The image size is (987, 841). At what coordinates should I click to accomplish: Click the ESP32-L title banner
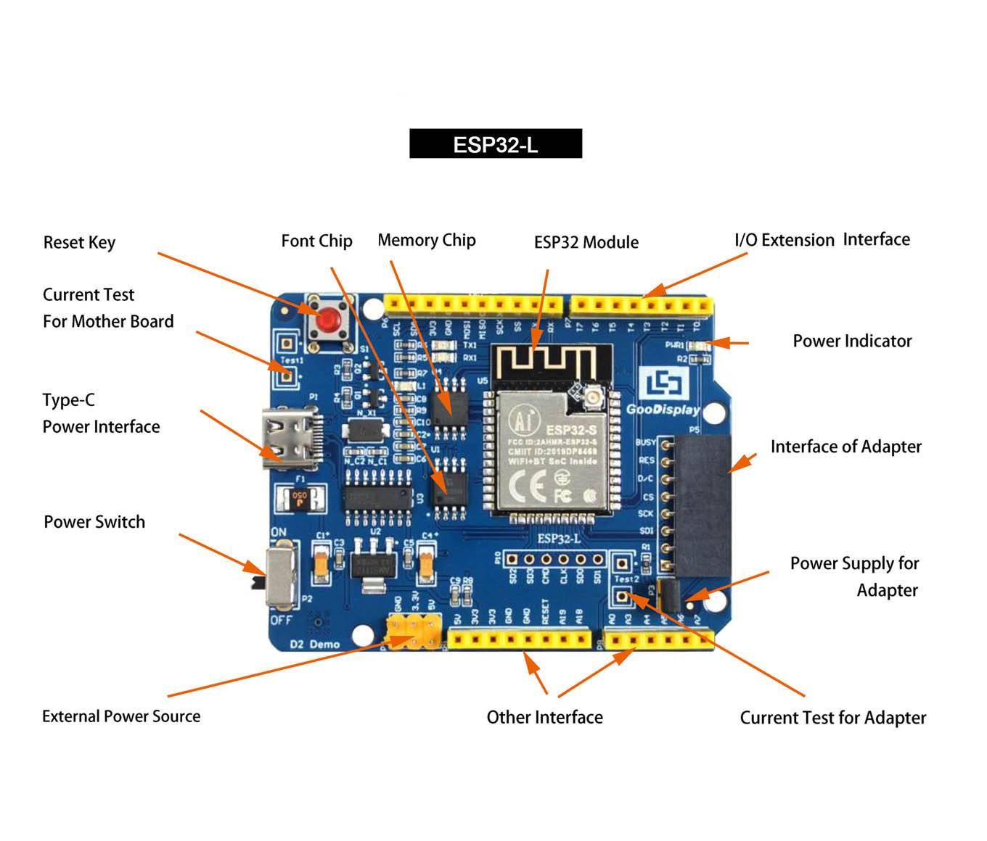click(496, 144)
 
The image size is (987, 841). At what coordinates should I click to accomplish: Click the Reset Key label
click(79, 242)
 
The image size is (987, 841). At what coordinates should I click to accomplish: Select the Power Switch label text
click(94, 522)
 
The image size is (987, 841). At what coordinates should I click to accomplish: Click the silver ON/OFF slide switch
click(281, 577)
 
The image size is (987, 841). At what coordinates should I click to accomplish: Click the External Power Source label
click(121, 716)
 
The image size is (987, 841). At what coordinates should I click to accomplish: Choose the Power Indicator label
click(852, 341)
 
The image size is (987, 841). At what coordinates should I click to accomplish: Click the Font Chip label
click(316, 241)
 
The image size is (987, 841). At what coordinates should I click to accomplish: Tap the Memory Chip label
click(427, 240)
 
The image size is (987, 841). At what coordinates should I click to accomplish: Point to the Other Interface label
click(544, 717)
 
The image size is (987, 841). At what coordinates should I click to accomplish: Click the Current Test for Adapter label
click(832, 718)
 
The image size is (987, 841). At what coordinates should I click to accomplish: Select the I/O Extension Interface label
click(822, 240)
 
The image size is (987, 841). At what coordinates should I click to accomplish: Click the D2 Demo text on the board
click(315, 644)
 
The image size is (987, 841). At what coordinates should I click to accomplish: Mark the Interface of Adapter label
click(845, 447)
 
